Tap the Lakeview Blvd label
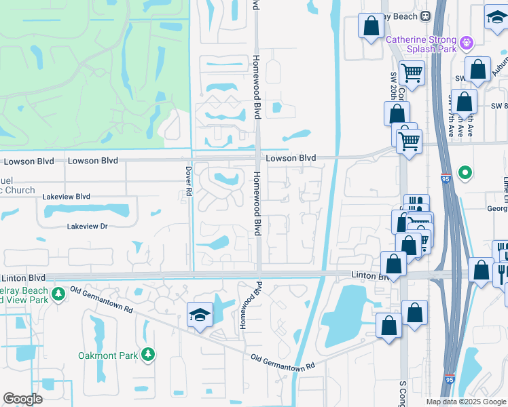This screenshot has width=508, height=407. click(x=66, y=197)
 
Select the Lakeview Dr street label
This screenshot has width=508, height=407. click(x=87, y=227)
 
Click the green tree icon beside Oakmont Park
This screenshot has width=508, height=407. click(x=147, y=353)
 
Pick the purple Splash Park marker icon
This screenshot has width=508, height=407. click(x=466, y=43)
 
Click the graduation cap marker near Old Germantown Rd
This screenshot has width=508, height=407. click(x=200, y=315)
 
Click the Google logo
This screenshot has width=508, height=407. click(x=23, y=399)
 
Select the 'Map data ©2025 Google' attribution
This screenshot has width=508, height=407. click(x=466, y=402)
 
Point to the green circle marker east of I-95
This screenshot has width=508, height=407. click(x=465, y=172)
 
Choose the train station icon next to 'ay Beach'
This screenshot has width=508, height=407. click(x=425, y=16)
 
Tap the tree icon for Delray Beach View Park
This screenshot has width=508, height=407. click(x=58, y=294)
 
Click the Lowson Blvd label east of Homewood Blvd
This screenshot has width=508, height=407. click(x=291, y=158)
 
